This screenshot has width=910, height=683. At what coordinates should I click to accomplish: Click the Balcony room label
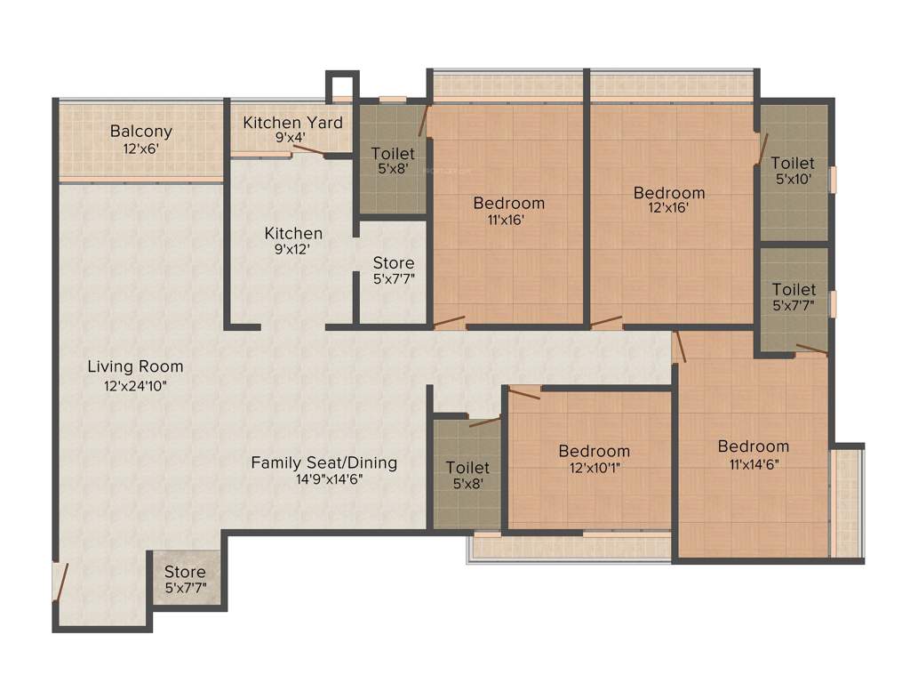pos(141,131)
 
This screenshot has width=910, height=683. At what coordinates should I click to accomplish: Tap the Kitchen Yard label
pos(292,123)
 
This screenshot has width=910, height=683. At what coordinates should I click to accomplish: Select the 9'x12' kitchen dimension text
pos(293,251)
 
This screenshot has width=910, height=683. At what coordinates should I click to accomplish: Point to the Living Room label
pos(135,366)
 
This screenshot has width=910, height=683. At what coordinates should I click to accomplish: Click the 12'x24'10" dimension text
pos(135,386)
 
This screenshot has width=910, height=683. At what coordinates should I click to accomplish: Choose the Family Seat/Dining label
pos(323,463)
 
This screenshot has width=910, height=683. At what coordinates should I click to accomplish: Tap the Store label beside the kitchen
pos(394,263)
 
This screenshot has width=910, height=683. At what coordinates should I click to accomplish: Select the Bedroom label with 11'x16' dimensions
pos(508,203)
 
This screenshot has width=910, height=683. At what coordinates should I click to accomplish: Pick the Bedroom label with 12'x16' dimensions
pos(669,193)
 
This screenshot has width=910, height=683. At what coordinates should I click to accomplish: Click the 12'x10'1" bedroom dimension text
pos(594,469)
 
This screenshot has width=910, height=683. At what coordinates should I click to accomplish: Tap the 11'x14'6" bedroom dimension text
pos(754,463)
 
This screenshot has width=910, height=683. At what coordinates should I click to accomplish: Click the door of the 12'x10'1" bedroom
pos(524,392)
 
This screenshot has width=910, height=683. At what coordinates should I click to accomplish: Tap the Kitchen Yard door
pos(307,152)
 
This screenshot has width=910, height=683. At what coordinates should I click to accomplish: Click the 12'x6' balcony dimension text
pos(141,149)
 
